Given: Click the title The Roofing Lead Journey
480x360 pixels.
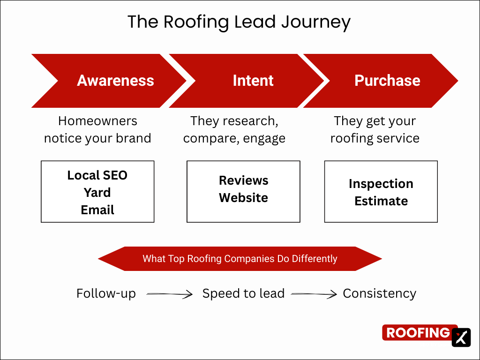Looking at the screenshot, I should click(239, 22).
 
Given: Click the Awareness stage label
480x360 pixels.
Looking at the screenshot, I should click(115, 81).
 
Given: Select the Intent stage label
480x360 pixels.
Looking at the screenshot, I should click(253, 81).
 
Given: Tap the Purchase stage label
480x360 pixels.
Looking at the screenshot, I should click(387, 81).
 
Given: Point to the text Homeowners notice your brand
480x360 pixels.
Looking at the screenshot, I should click(97, 129).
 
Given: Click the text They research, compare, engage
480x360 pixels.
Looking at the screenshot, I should click(234, 129).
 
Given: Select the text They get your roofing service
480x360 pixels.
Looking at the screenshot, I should click(375, 129).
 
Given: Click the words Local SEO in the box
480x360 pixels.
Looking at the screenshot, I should click(97, 175).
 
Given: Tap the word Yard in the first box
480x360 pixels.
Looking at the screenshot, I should click(97, 193).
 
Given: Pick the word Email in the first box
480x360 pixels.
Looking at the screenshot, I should click(97, 210).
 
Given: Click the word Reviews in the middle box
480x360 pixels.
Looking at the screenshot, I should click(243, 180).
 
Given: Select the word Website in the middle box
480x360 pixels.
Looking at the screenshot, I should click(243, 198).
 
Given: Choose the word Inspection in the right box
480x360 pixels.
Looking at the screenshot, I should click(381, 184).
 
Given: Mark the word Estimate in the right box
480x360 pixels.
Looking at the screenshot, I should click(381, 201).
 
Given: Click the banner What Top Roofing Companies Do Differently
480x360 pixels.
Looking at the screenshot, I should click(240, 259).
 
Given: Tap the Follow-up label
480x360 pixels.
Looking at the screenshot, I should click(106, 294).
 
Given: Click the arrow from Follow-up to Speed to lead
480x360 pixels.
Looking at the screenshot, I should click(169, 294).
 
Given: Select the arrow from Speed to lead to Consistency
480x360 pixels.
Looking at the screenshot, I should click(314, 294).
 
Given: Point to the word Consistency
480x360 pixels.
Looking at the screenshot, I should click(379, 294).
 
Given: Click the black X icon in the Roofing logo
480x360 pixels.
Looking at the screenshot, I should click(461, 337).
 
